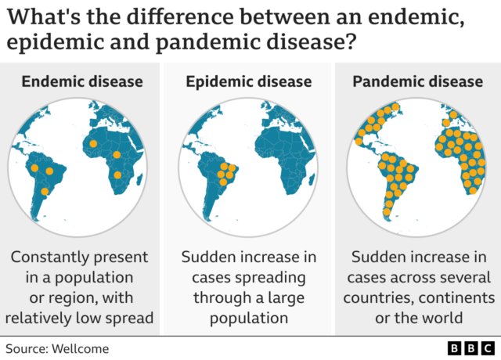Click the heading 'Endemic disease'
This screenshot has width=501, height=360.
coord(82,81)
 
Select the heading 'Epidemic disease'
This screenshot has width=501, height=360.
coord(249,81)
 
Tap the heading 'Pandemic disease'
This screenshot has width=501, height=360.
coord(417,81)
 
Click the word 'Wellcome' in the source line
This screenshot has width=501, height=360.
coord(81,348)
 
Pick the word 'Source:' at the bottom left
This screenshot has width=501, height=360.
coord(27,348)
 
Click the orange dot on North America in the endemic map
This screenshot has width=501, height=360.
coord(93,145)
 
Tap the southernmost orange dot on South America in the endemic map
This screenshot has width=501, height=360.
coord(45,190)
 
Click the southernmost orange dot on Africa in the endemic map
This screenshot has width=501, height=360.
coord(117,175)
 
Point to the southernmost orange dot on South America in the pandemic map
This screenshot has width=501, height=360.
coord(388,213)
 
